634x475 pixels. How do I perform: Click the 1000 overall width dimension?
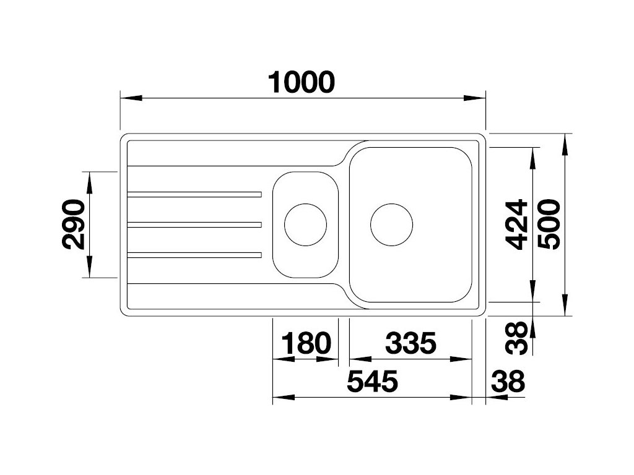click(x=302, y=82)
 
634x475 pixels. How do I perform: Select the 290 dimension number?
click(x=74, y=224)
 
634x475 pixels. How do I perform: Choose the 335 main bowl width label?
click(x=411, y=344)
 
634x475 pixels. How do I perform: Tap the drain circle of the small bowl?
click(x=305, y=224)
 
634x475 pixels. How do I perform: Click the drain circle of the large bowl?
click(x=391, y=224)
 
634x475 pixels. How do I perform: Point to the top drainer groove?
click(x=194, y=195)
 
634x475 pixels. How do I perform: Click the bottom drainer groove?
click(x=194, y=254)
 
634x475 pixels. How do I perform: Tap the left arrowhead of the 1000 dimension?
click(x=130, y=98)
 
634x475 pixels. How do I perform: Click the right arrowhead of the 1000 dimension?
click(x=475, y=98)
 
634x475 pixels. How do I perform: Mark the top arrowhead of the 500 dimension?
click(x=565, y=145)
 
